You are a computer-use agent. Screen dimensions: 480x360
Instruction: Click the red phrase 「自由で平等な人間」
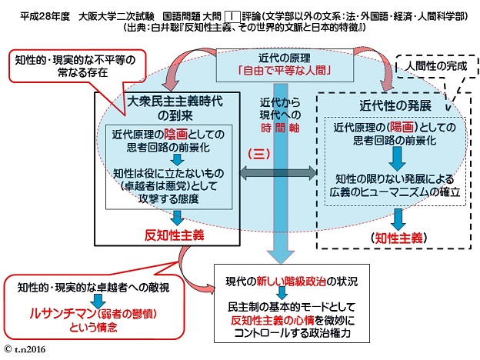[x=285, y=71]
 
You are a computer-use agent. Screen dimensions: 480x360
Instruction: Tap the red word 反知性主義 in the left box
[x=174, y=235]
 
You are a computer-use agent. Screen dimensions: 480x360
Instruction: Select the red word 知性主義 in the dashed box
[x=398, y=238]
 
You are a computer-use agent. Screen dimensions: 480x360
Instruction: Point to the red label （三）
[x=259, y=154]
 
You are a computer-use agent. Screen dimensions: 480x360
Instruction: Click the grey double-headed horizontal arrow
[x=278, y=173]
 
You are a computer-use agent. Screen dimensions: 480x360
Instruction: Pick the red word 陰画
[x=175, y=134]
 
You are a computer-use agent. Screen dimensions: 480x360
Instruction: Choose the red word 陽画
[x=402, y=127]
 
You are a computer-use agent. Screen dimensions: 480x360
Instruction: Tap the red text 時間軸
[x=280, y=128]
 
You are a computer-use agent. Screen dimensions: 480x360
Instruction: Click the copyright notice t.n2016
[x=25, y=349]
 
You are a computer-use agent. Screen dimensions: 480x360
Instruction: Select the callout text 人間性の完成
[x=436, y=66]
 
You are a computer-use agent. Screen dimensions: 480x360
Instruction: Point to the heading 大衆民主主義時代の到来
[x=175, y=108]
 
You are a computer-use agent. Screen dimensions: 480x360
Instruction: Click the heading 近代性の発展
[x=395, y=105]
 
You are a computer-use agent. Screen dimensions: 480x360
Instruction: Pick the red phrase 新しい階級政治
[x=291, y=281]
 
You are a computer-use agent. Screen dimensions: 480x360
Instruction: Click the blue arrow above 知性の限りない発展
[x=397, y=158]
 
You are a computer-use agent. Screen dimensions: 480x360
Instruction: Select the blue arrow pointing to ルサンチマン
[x=98, y=301]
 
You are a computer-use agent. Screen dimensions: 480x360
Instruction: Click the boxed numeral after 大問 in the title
[x=232, y=16]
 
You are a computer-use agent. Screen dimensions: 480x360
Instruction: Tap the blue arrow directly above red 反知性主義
[x=177, y=218]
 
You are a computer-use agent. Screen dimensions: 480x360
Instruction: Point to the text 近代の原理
[x=285, y=58]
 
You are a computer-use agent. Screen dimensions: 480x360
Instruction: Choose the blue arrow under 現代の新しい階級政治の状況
[x=282, y=293]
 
